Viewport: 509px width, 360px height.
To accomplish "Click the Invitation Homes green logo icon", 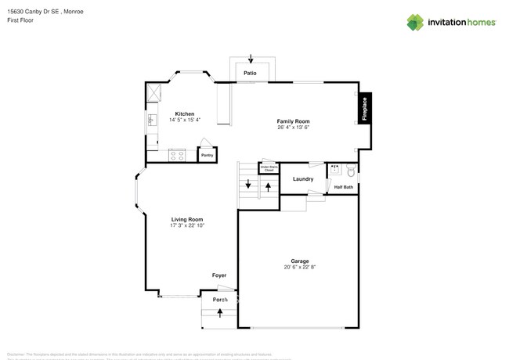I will click(416, 22).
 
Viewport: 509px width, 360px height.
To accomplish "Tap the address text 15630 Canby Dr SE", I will click(35, 12).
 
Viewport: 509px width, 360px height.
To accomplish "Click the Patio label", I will click(250, 73).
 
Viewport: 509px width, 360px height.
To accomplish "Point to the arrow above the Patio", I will click(251, 59).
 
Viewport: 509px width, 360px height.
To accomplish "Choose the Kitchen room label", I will click(185, 113).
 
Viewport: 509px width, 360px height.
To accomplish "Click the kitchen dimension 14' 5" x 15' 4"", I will click(185, 120).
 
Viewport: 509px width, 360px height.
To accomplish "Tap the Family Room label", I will click(293, 121).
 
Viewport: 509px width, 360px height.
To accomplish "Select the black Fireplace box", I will click(364, 109).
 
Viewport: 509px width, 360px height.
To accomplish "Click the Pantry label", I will click(207, 155).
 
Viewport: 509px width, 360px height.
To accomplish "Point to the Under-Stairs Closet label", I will click(269, 168).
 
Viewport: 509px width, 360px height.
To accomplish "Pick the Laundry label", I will click(303, 179).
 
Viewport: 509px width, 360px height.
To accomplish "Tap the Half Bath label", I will click(344, 187).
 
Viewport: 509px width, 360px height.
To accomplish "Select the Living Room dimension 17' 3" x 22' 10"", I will click(187, 225).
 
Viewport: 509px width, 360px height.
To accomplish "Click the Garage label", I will click(299, 261).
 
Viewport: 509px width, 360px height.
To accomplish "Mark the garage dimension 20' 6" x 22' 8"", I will click(299, 267).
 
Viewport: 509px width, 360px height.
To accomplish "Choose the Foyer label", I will click(219, 275).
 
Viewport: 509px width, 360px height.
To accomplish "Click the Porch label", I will click(220, 299).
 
